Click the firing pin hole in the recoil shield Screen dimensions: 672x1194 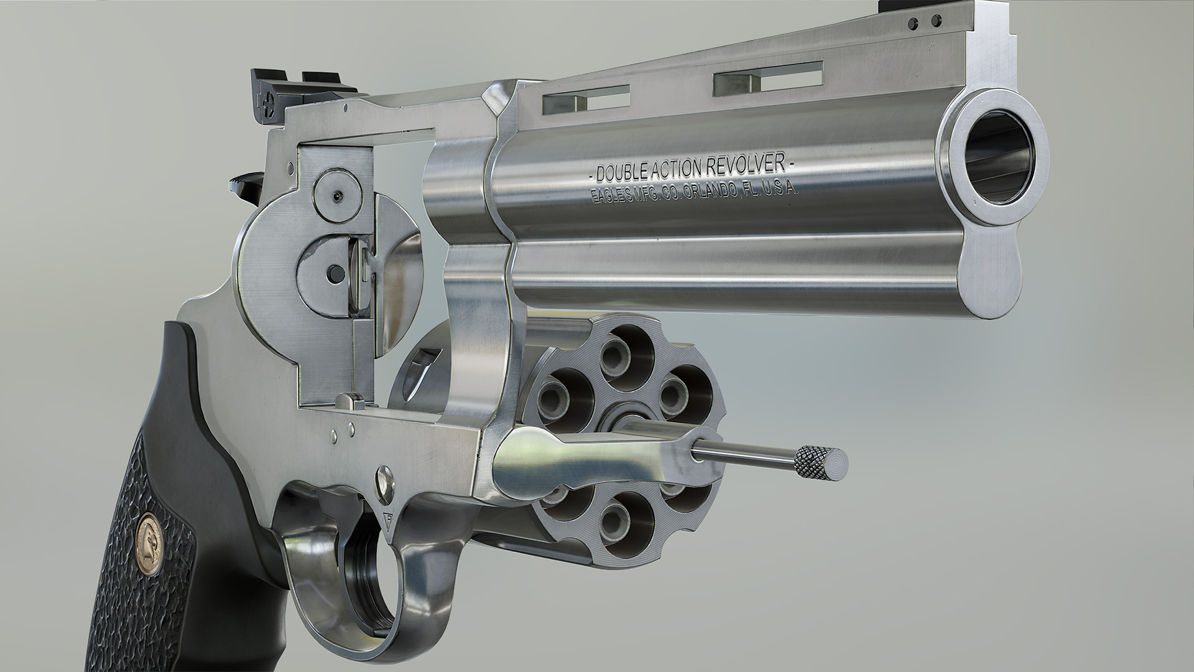pyautogui.click(x=336, y=271)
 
